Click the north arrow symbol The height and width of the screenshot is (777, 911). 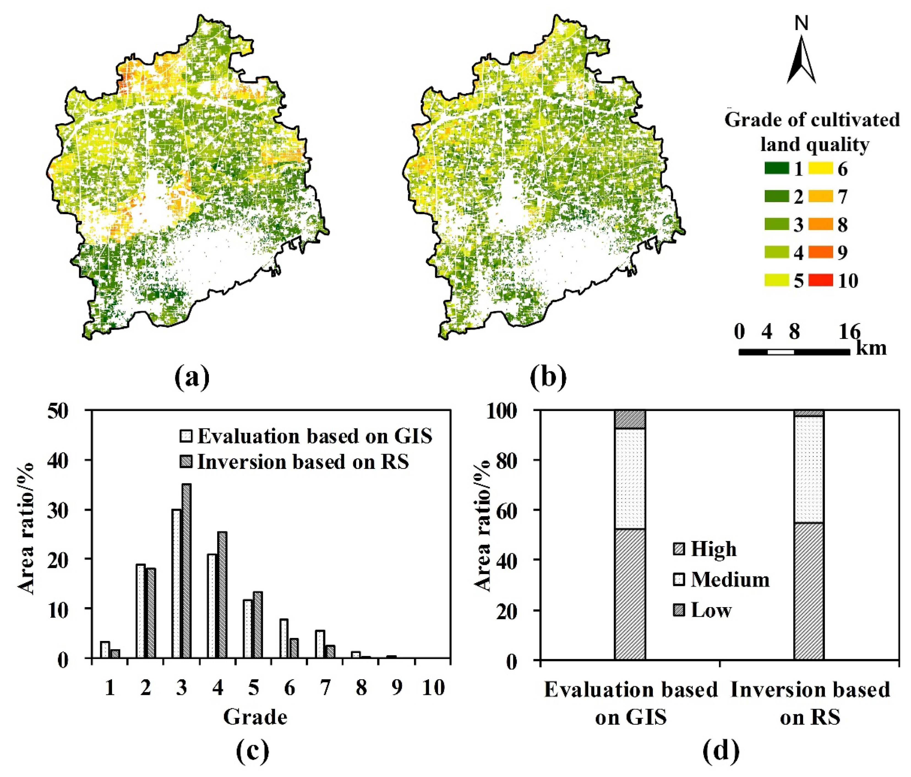pyautogui.click(x=801, y=59)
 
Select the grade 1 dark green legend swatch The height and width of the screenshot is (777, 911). pyautogui.click(x=776, y=169)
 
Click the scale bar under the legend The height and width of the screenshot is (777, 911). pyautogui.click(x=794, y=352)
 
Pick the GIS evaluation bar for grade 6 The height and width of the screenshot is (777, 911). pyautogui.click(x=284, y=639)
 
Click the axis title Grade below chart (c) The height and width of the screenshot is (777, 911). pyautogui.click(x=255, y=717)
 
